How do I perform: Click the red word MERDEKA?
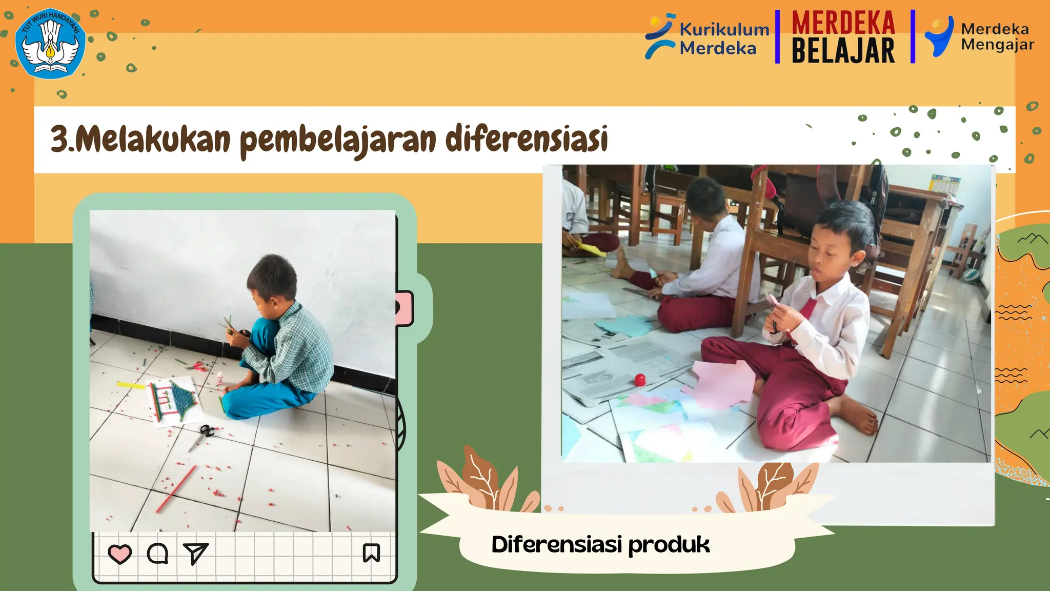843,23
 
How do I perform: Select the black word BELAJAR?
843,51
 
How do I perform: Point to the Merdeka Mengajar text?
997,36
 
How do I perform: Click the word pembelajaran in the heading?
338,140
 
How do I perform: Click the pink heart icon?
120,554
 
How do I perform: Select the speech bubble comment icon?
157,554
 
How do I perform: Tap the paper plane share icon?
195,553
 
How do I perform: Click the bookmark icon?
371,553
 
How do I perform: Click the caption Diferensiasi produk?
600,545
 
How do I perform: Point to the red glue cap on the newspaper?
639,380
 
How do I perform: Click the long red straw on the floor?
176,489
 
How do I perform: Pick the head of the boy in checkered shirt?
272,280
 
